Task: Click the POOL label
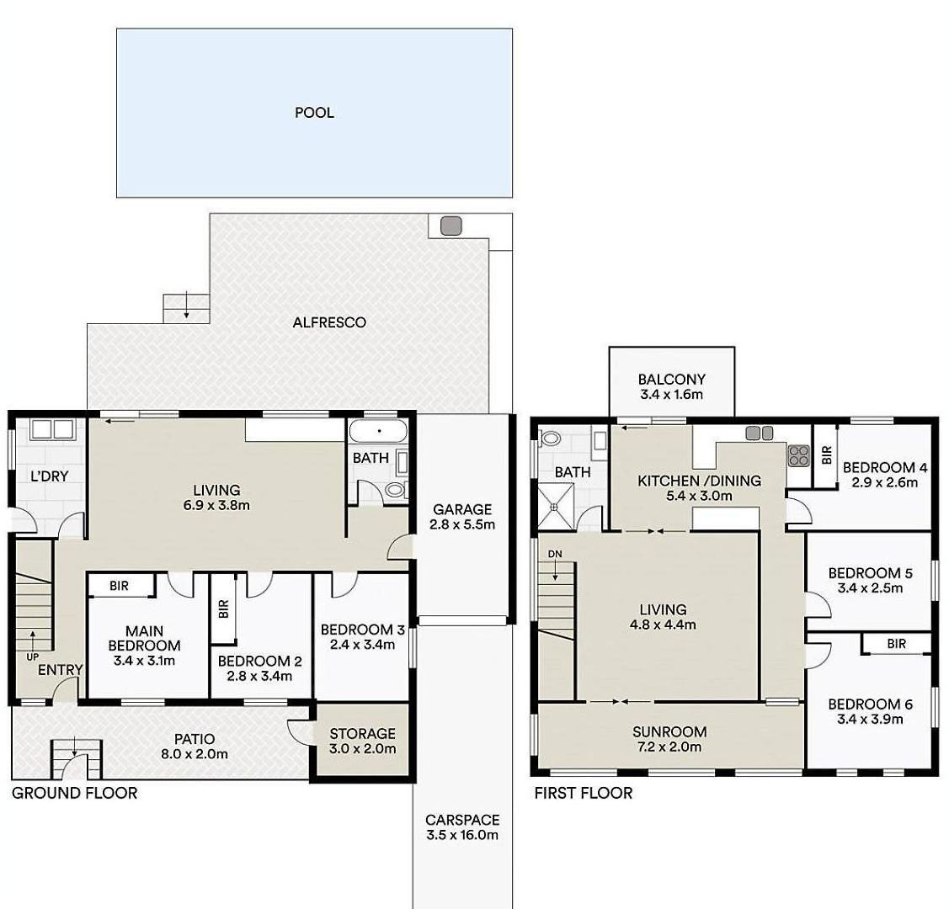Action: coord(314,113)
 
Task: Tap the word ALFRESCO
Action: coord(329,322)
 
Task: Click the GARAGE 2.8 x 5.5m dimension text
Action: coord(462,524)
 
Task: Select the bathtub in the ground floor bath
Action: coord(379,432)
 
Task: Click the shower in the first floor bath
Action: coord(557,508)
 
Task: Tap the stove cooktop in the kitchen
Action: coord(798,455)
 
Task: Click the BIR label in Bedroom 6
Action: coord(897,644)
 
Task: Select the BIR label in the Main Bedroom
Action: coord(120,586)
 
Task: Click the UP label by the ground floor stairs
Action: coord(32,656)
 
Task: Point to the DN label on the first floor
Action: coord(555,554)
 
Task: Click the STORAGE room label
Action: coord(363,734)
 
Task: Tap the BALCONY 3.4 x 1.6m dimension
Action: coord(672,395)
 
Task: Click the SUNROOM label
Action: coord(669,731)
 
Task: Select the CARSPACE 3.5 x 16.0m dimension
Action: coord(462,835)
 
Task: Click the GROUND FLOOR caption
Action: coord(74,793)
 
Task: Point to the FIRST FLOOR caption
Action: coord(584,793)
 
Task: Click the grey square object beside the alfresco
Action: coord(451,226)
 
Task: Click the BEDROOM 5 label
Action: coord(871,572)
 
